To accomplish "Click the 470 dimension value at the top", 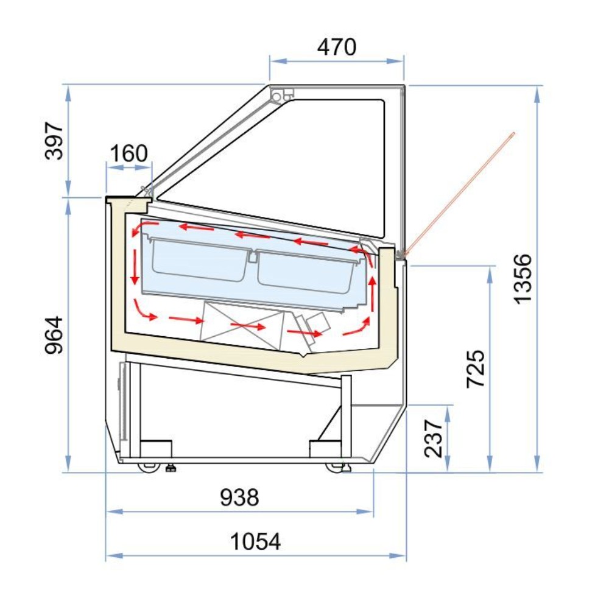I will [337, 47].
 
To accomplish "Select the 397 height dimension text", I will [55, 141].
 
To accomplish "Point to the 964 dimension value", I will [55, 334].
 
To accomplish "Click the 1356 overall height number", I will [523, 278].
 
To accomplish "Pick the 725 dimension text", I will [476, 368].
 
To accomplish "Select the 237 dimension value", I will [434, 438].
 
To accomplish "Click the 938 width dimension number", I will [239, 498].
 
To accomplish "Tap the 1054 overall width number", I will [256, 541].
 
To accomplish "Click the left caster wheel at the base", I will [147, 467].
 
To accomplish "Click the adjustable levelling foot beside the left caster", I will [171, 468].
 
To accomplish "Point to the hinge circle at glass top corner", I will [278, 96].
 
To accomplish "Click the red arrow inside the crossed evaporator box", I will [248, 326].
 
